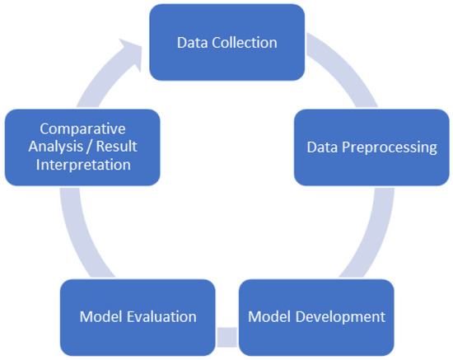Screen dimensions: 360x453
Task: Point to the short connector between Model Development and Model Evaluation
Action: (x=228, y=337)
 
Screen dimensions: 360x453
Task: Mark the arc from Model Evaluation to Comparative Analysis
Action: (x=82, y=240)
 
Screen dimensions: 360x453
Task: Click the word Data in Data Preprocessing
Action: (x=321, y=147)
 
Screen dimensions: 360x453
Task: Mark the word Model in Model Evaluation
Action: (x=100, y=316)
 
